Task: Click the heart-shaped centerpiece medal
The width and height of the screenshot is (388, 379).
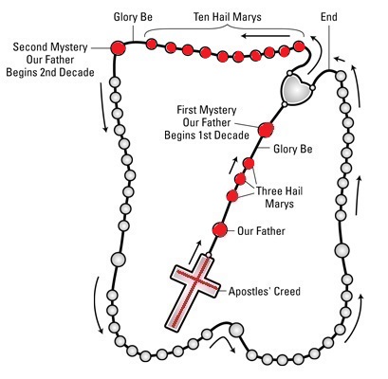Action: point(296,88)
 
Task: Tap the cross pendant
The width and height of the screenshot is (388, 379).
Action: point(193,292)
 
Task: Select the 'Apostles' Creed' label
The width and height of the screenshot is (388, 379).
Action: point(265,291)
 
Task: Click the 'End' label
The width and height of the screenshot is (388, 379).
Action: point(329,17)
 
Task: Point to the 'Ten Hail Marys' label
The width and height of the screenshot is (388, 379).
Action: point(228,17)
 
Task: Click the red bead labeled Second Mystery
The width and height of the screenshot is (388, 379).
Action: point(118,48)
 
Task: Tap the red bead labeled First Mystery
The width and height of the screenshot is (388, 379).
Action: point(266,130)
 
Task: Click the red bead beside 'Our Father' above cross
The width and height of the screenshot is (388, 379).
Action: point(220,229)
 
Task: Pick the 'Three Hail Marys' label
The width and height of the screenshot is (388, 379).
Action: point(279,197)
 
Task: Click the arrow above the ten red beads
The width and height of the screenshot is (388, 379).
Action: point(266,36)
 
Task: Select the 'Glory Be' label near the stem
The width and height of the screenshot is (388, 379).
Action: point(293,149)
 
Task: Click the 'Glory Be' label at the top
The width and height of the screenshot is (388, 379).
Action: point(133,17)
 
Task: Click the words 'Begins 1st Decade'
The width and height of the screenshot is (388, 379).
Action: point(207,135)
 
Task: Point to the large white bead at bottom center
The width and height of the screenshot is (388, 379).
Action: point(236,330)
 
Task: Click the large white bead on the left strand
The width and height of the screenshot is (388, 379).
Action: point(119,260)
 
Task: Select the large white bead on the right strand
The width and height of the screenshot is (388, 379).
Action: point(342,250)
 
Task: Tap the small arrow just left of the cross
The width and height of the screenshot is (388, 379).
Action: point(194,252)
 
